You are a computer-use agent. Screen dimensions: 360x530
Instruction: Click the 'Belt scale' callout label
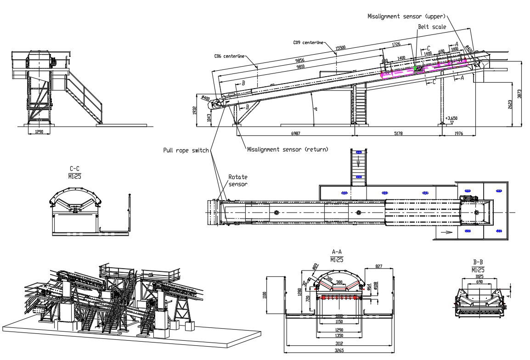point(432,27)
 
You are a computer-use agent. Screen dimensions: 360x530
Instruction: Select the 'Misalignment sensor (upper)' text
point(406,16)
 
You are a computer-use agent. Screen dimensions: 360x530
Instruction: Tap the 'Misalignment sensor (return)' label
point(288,149)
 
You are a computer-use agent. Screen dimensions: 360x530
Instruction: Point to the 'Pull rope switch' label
point(186,150)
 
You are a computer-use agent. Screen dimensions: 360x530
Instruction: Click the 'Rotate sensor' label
point(238,180)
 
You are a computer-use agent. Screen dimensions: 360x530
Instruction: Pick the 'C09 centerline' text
point(308,42)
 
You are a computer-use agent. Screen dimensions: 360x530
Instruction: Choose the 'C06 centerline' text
point(229,56)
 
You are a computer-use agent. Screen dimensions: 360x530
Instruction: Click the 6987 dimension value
point(296,133)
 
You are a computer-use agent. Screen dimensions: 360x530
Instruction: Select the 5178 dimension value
point(399,133)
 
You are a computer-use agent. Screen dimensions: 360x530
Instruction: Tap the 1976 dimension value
point(458,133)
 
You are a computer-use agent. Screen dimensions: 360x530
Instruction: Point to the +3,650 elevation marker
point(451,118)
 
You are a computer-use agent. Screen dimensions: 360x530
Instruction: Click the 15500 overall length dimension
point(340,47)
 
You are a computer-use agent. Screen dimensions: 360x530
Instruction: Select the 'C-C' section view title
point(75,169)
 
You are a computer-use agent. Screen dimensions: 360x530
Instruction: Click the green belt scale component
point(415,68)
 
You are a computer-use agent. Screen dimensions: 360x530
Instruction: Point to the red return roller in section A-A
point(339,297)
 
